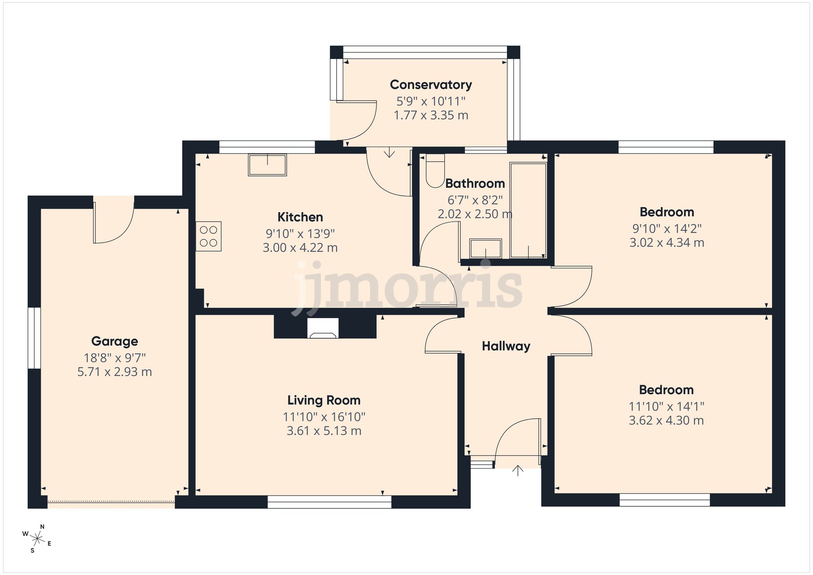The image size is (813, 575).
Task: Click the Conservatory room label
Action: coord(431,85)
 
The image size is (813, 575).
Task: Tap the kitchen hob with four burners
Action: coord(209,237)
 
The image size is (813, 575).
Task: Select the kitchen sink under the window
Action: coord(267,165)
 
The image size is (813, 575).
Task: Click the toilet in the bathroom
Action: coord(435,171)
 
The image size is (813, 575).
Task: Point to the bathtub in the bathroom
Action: coord(528,210)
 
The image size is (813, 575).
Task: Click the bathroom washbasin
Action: coord(485,249)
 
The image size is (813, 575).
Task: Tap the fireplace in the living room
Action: coord(323,328)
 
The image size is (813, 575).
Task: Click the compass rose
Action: coord(37,539)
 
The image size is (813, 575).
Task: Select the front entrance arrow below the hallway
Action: coord(517,471)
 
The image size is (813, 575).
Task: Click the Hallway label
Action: coord(506,346)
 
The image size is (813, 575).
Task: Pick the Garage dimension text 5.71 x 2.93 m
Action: coord(115,372)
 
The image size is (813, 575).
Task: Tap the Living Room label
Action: coord(324,400)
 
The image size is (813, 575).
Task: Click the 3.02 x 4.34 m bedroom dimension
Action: coord(667,243)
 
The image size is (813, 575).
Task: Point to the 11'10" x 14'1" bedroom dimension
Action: coord(666,406)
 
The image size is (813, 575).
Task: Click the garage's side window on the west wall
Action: coord(35,338)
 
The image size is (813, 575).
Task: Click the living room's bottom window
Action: coord(329,502)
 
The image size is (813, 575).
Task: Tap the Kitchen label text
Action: coord(300,217)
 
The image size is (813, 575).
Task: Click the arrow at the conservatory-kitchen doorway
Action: coord(389,153)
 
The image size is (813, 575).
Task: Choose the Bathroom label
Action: coord(475,184)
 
